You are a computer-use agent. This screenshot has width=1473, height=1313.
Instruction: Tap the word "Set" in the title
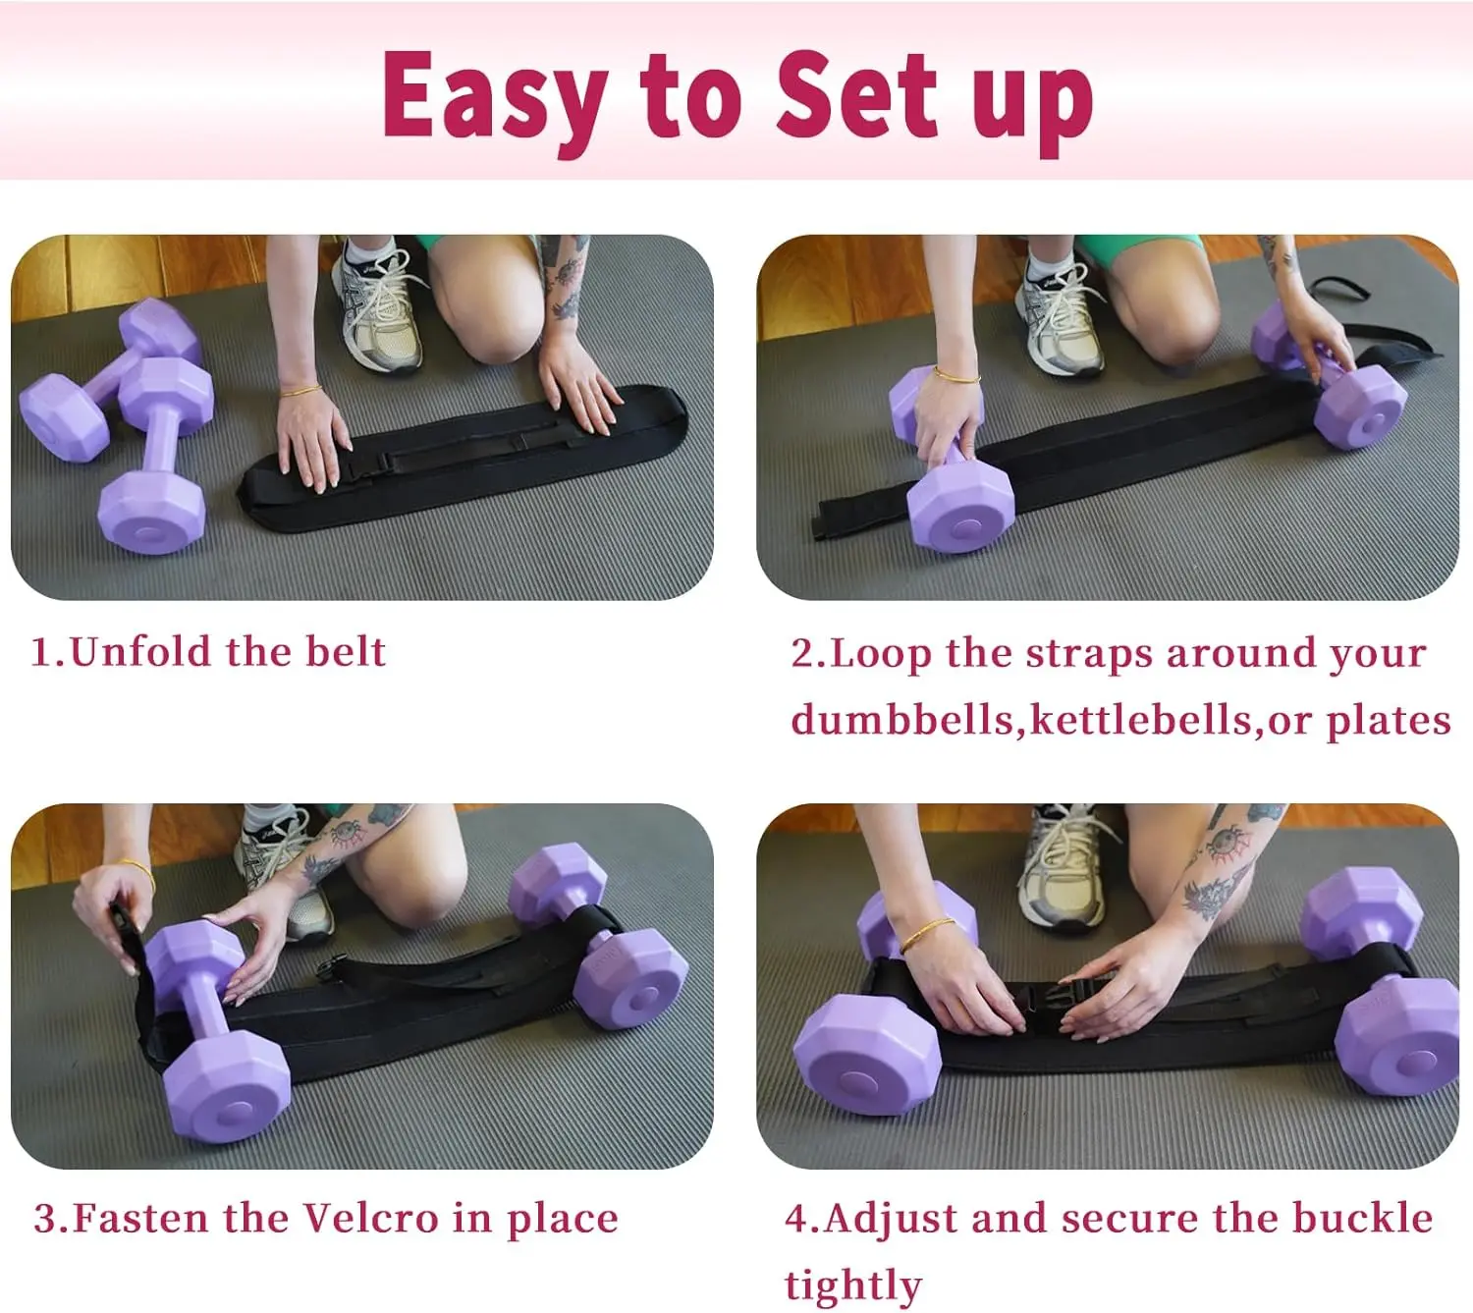click(857, 94)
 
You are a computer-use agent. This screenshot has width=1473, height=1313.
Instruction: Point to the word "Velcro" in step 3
click(371, 1219)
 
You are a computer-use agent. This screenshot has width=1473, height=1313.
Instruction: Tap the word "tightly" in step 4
click(852, 1286)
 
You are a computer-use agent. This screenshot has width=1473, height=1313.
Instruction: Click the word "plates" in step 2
click(1389, 723)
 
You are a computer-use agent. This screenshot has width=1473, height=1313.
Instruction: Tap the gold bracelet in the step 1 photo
click(301, 391)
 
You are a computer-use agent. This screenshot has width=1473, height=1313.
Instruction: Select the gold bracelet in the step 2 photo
click(956, 376)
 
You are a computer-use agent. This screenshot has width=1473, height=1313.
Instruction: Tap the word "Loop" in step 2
click(881, 654)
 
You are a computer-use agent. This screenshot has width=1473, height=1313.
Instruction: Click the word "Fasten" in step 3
click(141, 1219)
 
